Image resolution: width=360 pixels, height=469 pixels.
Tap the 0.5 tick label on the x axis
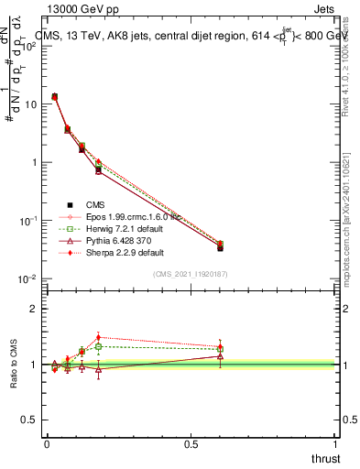(x=191, y=444)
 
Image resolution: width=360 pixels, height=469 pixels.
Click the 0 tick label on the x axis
(x=47, y=444)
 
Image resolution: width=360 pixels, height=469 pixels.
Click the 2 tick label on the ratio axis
(x=35, y=309)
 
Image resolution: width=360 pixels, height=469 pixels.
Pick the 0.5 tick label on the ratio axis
(x=30, y=420)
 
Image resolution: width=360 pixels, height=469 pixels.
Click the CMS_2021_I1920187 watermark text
(x=191, y=273)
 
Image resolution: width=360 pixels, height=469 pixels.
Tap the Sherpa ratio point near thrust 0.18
(x=98, y=337)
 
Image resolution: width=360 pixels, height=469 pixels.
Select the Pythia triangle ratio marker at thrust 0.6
(x=220, y=355)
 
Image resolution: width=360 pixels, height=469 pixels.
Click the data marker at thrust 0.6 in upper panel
(x=220, y=247)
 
